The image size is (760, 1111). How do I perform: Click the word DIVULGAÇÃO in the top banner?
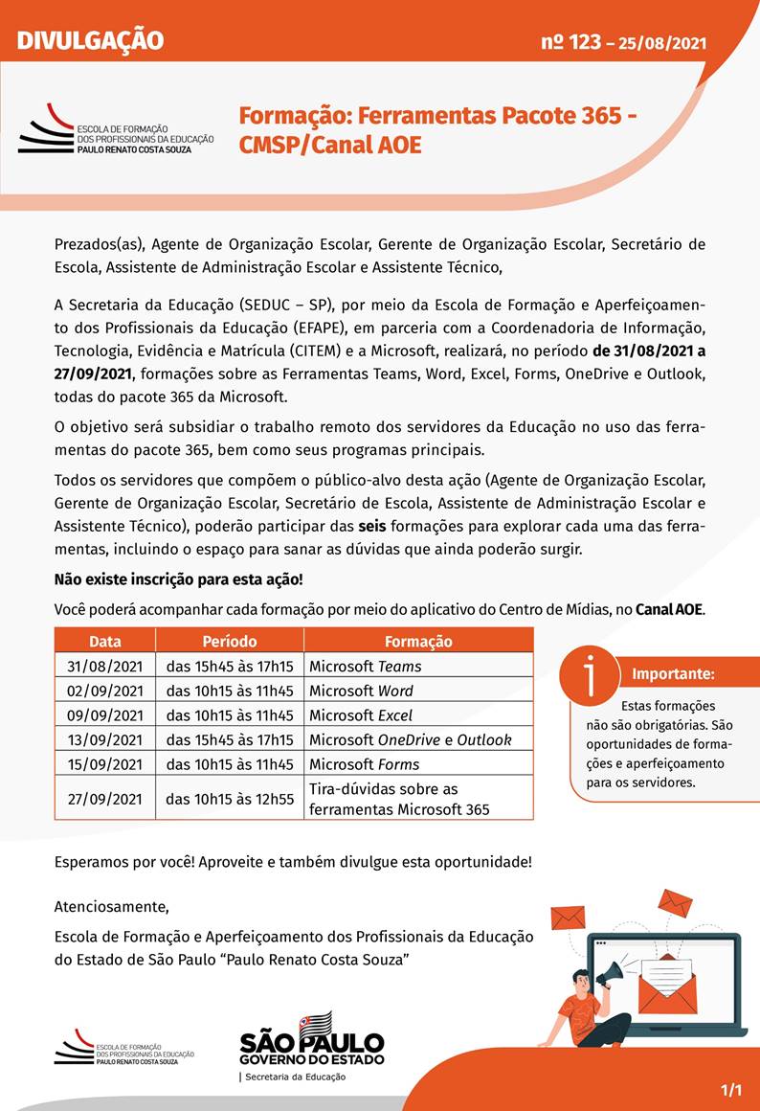click(x=91, y=40)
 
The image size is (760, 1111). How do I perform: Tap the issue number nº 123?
click(x=570, y=41)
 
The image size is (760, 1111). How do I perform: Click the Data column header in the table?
click(x=104, y=641)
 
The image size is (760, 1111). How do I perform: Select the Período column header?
click(x=230, y=641)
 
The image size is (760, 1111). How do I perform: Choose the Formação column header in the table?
click(x=418, y=641)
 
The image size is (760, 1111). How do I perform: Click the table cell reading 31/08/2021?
click(x=104, y=666)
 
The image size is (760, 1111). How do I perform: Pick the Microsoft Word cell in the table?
click(x=362, y=691)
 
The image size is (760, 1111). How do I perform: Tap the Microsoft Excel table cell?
click(x=362, y=715)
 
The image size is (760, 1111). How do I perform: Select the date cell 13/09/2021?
click(x=104, y=739)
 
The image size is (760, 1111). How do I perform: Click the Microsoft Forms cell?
click(x=365, y=764)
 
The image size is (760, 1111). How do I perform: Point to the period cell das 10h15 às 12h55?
click(x=230, y=798)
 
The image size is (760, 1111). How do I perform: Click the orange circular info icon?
click(x=588, y=674)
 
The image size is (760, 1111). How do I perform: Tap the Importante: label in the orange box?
click(x=673, y=674)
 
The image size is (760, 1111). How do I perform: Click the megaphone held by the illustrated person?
click(x=610, y=975)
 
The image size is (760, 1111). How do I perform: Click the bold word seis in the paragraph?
click(x=372, y=526)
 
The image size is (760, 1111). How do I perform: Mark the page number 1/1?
click(x=731, y=1090)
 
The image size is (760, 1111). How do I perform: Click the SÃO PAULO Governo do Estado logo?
click(x=311, y=1041)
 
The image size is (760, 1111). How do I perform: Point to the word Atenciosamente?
click(x=111, y=906)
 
